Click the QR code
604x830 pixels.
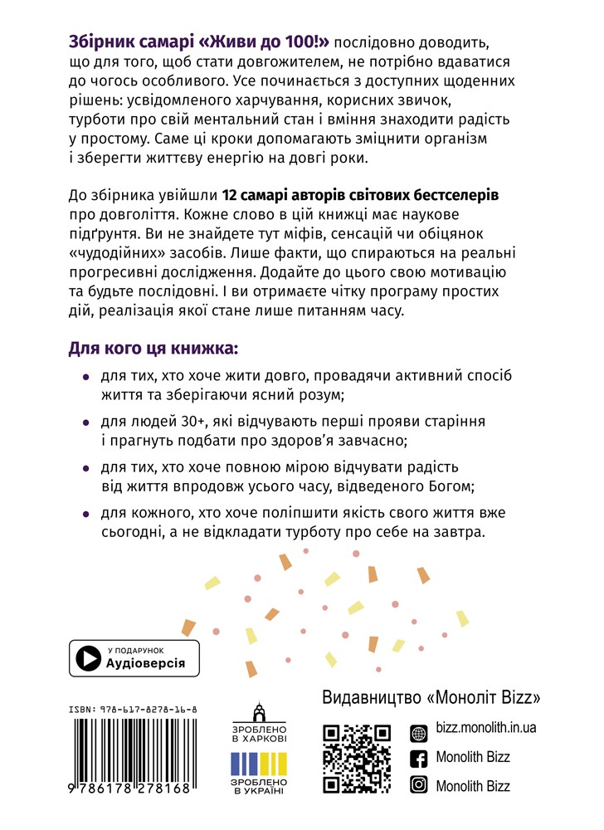point(357,758)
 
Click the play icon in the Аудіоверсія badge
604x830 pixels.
point(87,658)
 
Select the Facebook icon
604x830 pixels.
point(420,757)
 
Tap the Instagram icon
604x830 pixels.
point(420,785)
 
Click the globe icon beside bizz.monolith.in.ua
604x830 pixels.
point(420,728)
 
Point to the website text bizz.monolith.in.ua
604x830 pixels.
point(485,728)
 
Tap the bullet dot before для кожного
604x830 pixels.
point(87,512)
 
